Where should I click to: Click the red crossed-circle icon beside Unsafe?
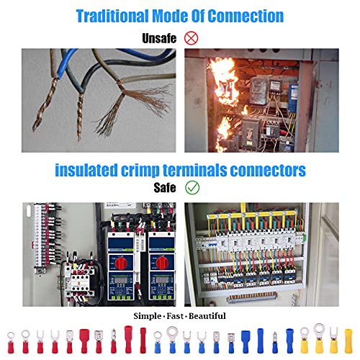point(191,38)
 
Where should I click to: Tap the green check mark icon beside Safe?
point(192,187)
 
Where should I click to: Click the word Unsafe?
point(159,38)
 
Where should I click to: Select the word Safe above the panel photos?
point(165,187)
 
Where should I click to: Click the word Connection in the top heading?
point(246,16)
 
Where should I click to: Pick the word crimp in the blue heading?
point(140,171)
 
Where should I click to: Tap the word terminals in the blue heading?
point(194,170)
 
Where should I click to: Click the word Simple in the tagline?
point(148,316)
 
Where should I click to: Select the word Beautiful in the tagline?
point(207,316)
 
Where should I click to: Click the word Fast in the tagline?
point(175,316)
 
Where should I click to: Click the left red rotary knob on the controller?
point(122,264)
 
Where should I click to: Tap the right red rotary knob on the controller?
point(163,264)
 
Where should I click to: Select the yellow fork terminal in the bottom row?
point(333,341)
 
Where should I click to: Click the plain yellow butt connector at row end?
point(348,341)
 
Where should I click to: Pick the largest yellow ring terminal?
point(319,338)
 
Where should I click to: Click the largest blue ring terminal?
point(172,340)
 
